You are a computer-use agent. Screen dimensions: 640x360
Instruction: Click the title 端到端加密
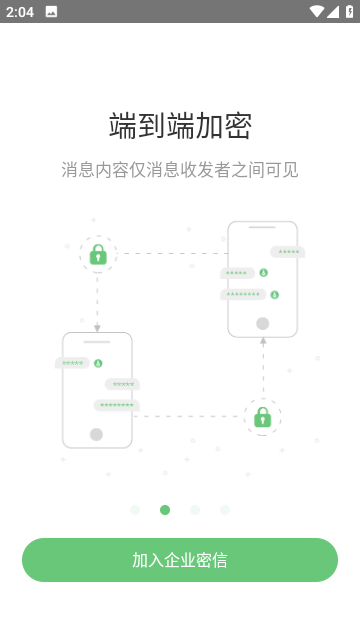point(180,126)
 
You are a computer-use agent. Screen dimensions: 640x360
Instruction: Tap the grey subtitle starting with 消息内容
point(180,169)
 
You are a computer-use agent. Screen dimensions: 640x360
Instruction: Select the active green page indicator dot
point(165,510)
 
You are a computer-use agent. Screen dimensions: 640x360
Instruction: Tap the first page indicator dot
point(135,510)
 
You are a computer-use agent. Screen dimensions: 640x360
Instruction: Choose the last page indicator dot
point(225,510)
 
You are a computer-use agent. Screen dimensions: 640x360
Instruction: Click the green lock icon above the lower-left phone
point(98,255)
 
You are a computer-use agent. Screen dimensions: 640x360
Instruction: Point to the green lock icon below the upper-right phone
point(262,416)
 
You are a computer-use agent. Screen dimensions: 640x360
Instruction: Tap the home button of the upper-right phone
point(263,323)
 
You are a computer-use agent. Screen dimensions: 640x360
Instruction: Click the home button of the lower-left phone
point(96,434)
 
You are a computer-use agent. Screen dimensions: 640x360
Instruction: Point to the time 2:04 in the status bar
point(20,12)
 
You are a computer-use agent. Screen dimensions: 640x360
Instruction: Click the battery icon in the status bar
point(348,12)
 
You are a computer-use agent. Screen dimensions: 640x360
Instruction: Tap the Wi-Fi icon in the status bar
point(317,12)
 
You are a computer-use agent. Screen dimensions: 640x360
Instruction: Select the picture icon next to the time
point(51,12)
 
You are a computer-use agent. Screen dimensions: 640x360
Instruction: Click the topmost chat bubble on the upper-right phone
point(288,252)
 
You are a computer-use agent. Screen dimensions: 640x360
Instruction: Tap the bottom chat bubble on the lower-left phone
point(117,405)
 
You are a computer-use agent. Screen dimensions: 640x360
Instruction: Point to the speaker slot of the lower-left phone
point(96,342)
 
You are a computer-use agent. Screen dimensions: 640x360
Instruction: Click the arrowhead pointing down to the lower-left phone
point(97,328)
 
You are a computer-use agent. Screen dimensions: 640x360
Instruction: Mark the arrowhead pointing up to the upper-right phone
point(263,341)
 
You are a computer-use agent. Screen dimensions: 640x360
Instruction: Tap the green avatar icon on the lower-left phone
point(98,363)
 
